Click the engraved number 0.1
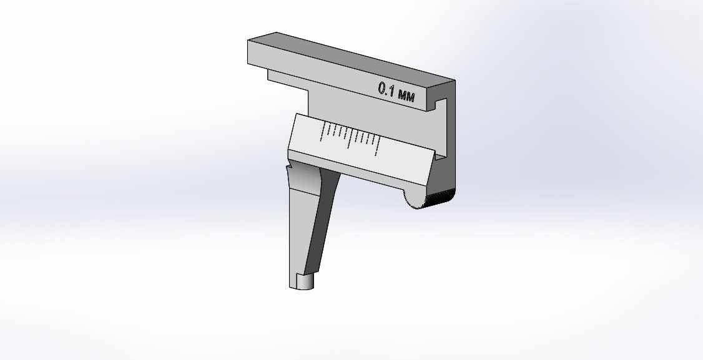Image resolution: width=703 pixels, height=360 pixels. pyautogui.click(x=385, y=89)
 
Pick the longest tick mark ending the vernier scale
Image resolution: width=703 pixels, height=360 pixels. pyautogui.click(x=378, y=145)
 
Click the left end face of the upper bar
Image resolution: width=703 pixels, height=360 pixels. pyautogui.click(x=257, y=52)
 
